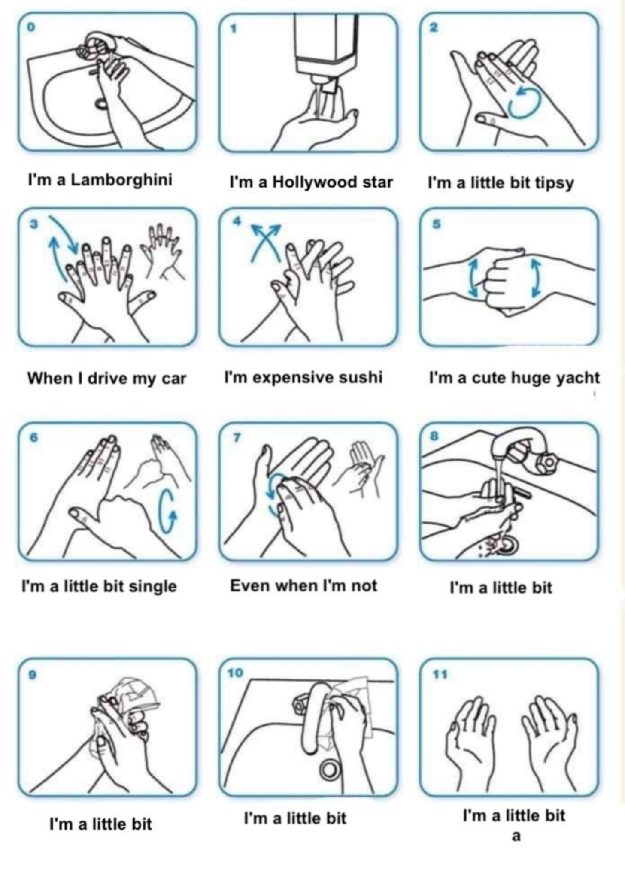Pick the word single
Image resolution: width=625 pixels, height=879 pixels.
click(x=153, y=586)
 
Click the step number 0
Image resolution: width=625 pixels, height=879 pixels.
click(x=30, y=27)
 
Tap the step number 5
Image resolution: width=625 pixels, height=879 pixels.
click(x=436, y=224)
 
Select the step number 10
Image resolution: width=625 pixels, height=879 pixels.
click(x=235, y=673)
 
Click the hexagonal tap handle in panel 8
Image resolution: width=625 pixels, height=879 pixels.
click(x=547, y=462)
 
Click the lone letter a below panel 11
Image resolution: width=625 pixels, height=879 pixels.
click(x=516, y=836)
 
